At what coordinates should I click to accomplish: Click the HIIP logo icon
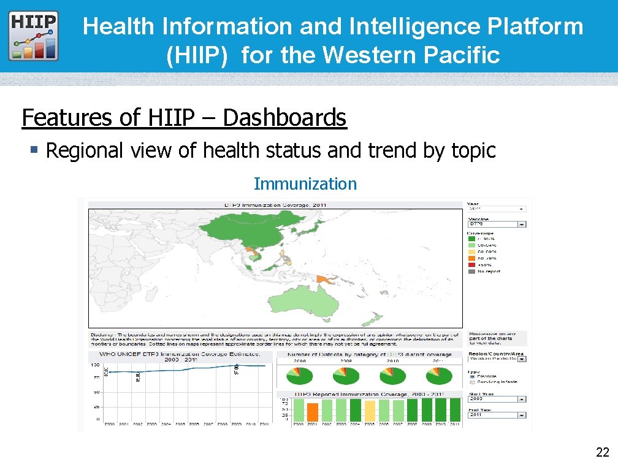(34, 35)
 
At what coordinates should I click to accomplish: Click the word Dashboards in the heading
(284, 117)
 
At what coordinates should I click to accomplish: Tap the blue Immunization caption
(305, 184)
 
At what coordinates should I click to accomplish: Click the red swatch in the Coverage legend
(472, 265)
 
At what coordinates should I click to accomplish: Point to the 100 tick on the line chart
(96, 365)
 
